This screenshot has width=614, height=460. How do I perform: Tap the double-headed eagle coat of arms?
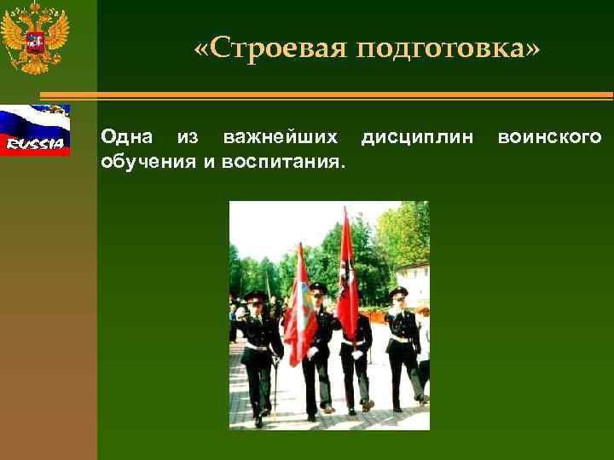click(x=34, y=38)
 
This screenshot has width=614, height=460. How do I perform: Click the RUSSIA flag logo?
click(x=35, y=130)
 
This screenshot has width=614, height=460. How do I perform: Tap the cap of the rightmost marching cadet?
click(x=398, y=293)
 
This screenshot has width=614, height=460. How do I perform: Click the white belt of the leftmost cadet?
click(x=257, y=346)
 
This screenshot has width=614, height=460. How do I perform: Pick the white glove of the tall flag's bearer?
click(x=358, y=352)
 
